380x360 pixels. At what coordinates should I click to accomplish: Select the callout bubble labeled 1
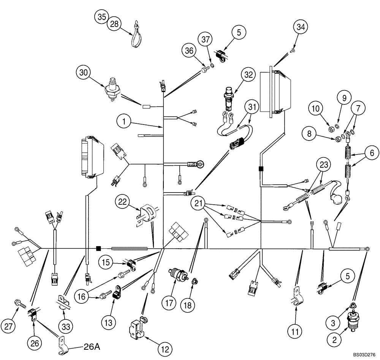(124, 122)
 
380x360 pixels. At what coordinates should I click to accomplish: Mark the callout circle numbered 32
(248, 75)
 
